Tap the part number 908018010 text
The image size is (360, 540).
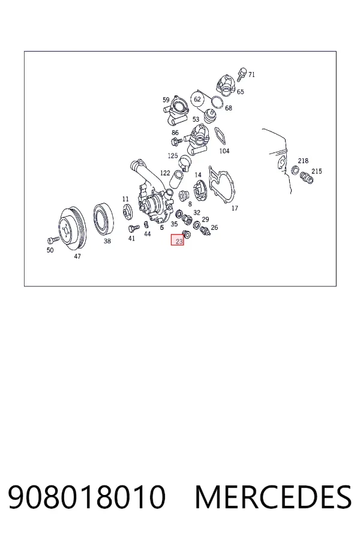(87, 497)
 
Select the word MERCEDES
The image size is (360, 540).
(273, 497)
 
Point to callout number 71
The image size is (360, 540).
(251, 74)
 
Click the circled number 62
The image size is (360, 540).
(197, 99)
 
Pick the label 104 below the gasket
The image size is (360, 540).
(224, 151)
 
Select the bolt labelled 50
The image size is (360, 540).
(53, 239)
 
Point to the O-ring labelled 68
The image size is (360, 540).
(217, 102)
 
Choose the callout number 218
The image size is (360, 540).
(303, 161)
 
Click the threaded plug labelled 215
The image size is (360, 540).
(306, 178)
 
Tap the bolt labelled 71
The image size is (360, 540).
(242, 74)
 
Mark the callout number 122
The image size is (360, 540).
(165, 173)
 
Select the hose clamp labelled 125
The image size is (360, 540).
(184, 162)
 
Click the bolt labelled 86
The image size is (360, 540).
(177, 140)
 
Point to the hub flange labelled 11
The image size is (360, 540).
(127, 211)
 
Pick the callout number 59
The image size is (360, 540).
(166, 100)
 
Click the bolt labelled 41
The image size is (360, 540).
(134, 227)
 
